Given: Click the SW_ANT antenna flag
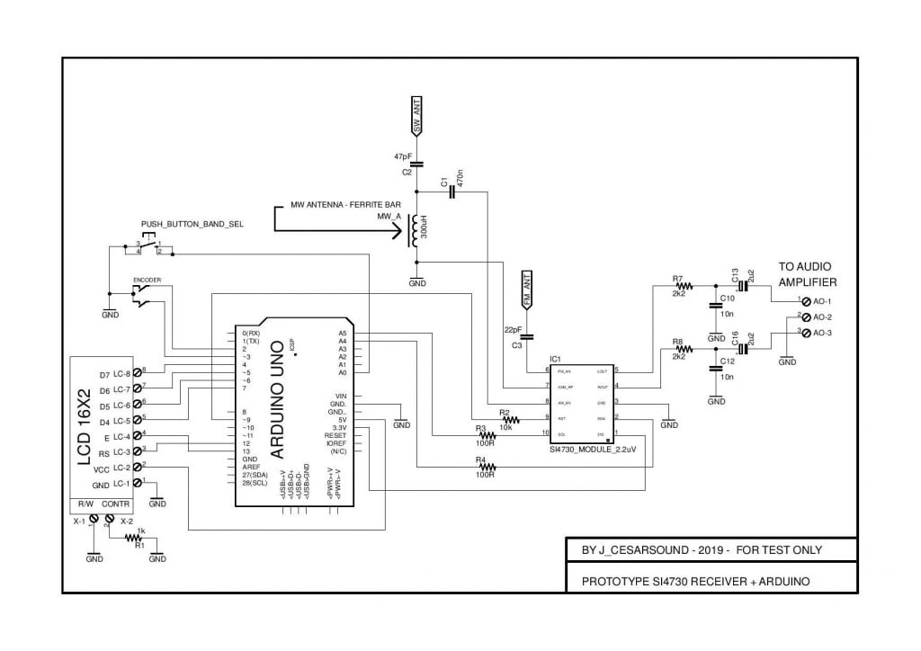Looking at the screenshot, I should pyautogui.click(x=416, y=117).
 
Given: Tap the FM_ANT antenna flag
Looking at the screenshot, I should pyautogui.click(x=528, y=290).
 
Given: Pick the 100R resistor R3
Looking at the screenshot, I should pyautogui.click(x=487, y=435).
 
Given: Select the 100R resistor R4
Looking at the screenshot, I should pyautogui.click(x=487, y=467).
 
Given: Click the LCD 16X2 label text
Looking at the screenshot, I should pyautogui.click(x=85, y=429).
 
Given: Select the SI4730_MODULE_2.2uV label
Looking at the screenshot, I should pyautogui.click(x=586, y=447).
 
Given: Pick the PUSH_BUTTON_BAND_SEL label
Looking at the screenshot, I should pyautogui.click(x=192, y=223).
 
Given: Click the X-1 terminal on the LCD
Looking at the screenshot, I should pyautogui.click(x=94, y=519).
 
